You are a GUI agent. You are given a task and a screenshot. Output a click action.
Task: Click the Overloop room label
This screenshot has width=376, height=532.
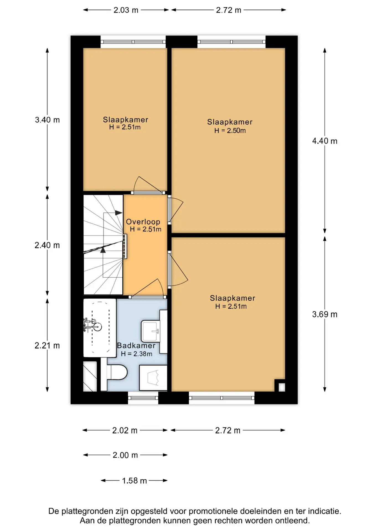point(143,222)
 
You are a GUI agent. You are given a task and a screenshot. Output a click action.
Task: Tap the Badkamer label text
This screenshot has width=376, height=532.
point(136,346)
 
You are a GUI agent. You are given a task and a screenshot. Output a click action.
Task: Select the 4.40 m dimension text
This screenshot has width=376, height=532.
point(325,141)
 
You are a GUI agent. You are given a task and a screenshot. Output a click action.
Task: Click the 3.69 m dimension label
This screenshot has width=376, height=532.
point(325,314)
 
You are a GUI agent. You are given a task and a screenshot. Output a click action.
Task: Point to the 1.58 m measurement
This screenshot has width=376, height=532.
point(134,480)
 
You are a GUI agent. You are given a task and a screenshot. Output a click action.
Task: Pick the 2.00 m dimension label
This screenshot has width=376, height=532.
point(125,455)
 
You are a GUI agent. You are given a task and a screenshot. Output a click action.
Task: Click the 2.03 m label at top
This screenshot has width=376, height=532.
point(126,10)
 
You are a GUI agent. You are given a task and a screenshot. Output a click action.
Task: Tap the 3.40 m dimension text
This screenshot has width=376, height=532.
point(47,120)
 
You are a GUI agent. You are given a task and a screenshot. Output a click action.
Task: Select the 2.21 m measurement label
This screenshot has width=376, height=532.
point(47,346)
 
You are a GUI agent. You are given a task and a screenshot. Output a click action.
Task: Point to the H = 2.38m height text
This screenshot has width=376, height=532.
point(137,354)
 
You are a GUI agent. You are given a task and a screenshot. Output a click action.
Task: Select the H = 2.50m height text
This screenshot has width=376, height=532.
point(230,131)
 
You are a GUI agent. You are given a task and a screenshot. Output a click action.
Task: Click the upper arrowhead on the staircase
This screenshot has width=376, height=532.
point(119,213)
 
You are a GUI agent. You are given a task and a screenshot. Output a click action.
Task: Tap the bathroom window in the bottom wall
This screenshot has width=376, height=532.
point(143,398)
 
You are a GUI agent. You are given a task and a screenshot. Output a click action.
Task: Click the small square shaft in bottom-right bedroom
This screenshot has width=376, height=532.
point(282,387)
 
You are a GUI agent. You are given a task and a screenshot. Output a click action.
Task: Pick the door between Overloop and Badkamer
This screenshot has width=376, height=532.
point(148,297)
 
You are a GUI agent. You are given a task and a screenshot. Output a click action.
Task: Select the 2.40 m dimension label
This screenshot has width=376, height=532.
point(47,245)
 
